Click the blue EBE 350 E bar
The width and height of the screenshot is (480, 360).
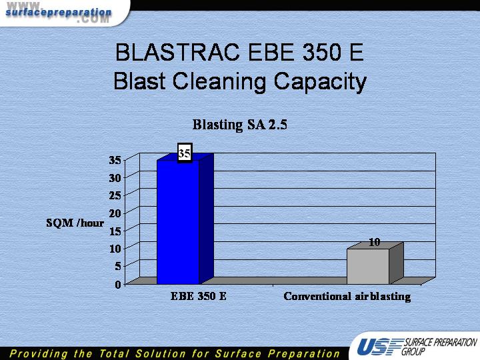tap(178, 222)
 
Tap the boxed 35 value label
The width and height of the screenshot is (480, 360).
tap(185, 153)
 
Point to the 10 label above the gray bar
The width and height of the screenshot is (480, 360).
tap(374, 242)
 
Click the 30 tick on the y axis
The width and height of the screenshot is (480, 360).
tap(115, 177)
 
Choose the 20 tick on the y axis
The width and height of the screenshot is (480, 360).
tap(115, 213)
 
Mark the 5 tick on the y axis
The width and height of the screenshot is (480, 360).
tap(118, 266)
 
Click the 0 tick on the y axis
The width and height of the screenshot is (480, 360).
tap(118, 285)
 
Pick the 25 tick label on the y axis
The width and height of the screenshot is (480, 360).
tap(115, 195)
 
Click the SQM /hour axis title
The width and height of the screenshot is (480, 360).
tap(75, 223)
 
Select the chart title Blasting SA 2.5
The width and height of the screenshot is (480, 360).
tap(240, 125)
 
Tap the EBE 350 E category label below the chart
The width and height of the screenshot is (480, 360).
tap(199, 296)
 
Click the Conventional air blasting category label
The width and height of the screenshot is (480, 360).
tap(347, 297)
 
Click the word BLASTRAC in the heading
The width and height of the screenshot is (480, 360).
tap(177, 52)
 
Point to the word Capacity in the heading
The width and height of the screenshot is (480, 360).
tap(320, 81)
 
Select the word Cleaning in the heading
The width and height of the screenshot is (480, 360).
tap(219, 81)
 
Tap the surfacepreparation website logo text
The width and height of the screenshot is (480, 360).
tap(59, 13)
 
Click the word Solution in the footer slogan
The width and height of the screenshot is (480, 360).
tap(161, 353)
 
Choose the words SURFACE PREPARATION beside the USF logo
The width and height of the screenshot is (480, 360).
tap(441, 342)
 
